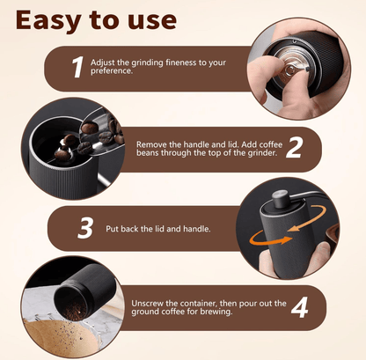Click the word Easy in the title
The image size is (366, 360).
pyautogui.click(x=48, y=21)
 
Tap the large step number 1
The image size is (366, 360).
pyautogui.click(x=77, y=67)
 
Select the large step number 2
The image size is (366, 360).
pyautogui.click(x=294, y=148)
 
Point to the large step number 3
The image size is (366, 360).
pyautogui.click(x=85, y=227)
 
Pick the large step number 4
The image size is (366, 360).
pyautogui.click(x=299, y=307)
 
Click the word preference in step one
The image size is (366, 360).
pyautogui.click(x=111, y=71)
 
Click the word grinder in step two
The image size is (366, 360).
pyautogui.click(x=262, y=153)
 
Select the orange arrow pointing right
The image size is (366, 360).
pyautogui.click(x=270, y=239)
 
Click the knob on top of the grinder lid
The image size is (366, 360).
pyautogui.click(x=280, y=199)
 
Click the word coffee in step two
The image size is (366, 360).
pyautogui.click(x=271, y=144)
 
